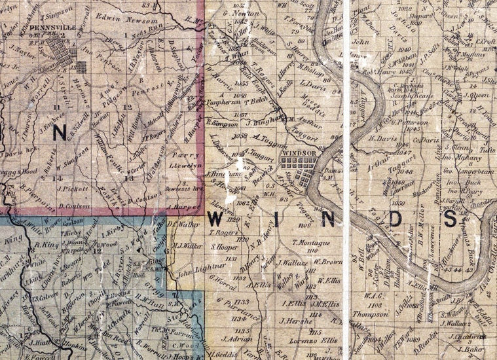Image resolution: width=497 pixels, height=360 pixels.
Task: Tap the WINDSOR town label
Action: tap(298, 153)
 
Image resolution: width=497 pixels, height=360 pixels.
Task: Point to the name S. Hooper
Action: tap(223, 247)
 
